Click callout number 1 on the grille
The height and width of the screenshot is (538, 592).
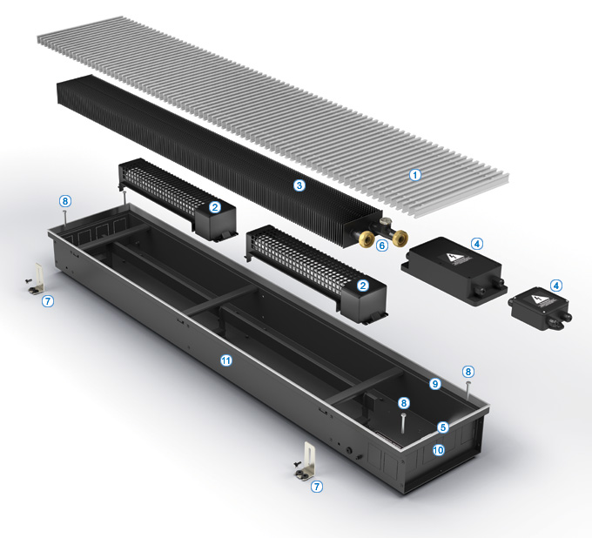pyautogui.click(x=415, y=175)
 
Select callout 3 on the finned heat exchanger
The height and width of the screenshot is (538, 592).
pyautogui.click(x=299, y=185)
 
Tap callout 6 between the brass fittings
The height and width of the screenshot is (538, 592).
pyautogui.click(x=382, y=245)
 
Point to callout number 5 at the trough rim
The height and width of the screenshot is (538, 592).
pyautogui.click(x=443, y=427)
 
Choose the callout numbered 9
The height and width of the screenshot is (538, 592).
pyautogui.click(x=435, y=384)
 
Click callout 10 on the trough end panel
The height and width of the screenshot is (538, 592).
pyautogui.click(x=438, y=450)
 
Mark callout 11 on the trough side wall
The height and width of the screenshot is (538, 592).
pyautogui.click(x=225, y=360)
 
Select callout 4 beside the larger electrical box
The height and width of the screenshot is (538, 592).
pyautogui.click(x=477, y=244)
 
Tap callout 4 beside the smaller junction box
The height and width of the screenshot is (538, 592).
pyautogui.click(x=555, y=286)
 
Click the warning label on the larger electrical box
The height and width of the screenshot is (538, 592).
pyautogui.click(x=454, y=259)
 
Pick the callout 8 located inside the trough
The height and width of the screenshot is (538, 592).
pyautogui.click(x=404, y=403)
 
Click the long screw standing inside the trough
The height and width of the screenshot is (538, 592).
pyautogui.click(x=404, y=423)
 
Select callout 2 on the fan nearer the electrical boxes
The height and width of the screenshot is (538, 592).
pyautogui.click(x=363, y=286)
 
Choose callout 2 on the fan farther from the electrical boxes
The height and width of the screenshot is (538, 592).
pyautogui.click(x=215, y=207)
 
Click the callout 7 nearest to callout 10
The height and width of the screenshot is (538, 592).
pyautogui.click(x=317, y=487)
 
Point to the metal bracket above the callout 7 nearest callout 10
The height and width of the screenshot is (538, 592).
pyautogui.click(x=307, y=462)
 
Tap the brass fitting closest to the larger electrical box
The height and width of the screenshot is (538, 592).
pyautogui.click(x=400, y=239)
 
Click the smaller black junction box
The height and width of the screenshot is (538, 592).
pyautogui.click(x=540, y=308)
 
